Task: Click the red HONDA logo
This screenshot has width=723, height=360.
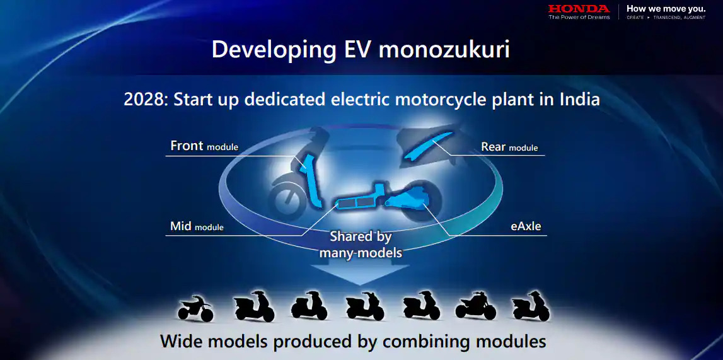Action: (579, 9)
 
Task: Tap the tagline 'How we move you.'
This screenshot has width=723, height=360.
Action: (666, 8)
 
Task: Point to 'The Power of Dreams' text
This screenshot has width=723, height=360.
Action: (579, 17)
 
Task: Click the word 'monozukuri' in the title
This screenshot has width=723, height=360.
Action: (444, 49)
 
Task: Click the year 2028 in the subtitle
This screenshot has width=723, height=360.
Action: (143, 100)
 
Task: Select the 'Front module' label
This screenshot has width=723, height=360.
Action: (204, 146)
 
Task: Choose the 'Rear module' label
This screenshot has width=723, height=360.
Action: (509, 147)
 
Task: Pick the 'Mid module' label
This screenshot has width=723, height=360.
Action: (197, 226)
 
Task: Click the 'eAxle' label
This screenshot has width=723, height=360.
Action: (526, 226)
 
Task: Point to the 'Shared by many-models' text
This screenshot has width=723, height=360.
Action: (361, 245)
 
